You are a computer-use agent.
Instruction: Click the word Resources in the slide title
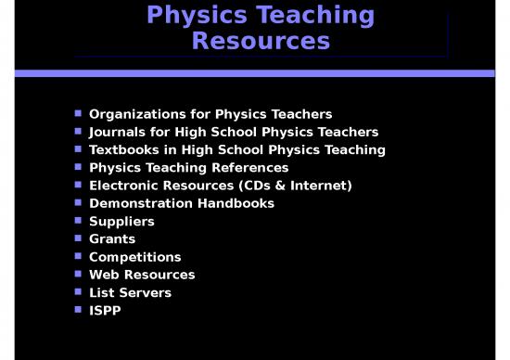point(261,42)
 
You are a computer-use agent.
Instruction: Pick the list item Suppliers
point(121,222)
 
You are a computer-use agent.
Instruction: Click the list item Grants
point(111,239)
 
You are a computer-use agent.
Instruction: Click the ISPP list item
point(104,311)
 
